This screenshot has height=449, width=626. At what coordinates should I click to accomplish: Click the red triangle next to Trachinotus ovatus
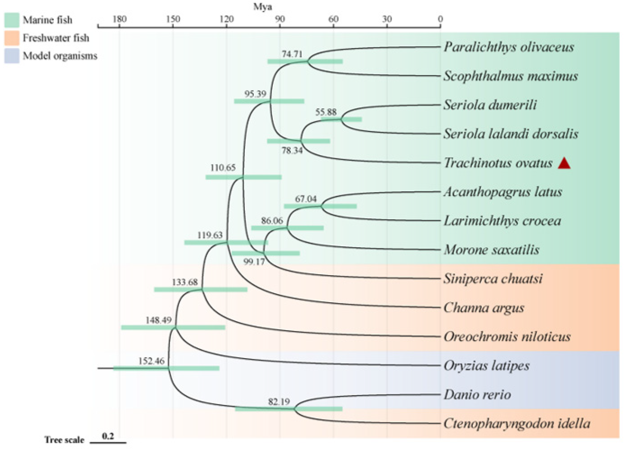click(x=564, y=163)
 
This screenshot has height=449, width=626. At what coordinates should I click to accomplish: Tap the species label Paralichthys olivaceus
click(x=509, y=47)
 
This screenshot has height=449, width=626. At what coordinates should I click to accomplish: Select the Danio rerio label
click(x=477, y=394)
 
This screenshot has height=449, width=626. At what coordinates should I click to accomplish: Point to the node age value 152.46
click(x=151, y=361)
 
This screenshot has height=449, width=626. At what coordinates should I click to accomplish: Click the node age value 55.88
click(x=326, y=112)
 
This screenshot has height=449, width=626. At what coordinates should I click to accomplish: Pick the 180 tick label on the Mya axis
click(x=119, y=19)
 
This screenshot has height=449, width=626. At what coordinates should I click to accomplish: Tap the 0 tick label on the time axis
click(x=440, y=19)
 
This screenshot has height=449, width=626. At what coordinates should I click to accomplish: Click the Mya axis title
click(x=262, y=7)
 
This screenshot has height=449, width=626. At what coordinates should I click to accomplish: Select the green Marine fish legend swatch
click(x=12, y=20)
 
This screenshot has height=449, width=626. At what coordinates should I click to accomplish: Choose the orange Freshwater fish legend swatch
click(x=12, y=38)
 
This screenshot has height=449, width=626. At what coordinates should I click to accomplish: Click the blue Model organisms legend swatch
click(x=12, y=56)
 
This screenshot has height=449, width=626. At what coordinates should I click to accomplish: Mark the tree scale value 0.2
click(x=108, y=436)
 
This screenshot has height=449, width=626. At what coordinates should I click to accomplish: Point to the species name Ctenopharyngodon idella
click(x=517, y=424)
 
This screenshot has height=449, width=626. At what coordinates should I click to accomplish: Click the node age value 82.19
click(x=279, y=402)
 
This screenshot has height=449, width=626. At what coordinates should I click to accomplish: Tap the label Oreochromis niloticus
click(x=507, y=337)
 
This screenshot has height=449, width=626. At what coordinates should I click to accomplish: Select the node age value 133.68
click(x=185, y=282)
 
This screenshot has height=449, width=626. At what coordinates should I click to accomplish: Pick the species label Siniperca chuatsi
click(x=493, y=279)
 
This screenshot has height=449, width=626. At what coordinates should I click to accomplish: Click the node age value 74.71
click(x=292, y=54)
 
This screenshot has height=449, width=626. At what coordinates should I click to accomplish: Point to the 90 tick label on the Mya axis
click(x=280, y=19)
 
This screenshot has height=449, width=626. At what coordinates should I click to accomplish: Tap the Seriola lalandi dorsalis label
click(x=511, y=134)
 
